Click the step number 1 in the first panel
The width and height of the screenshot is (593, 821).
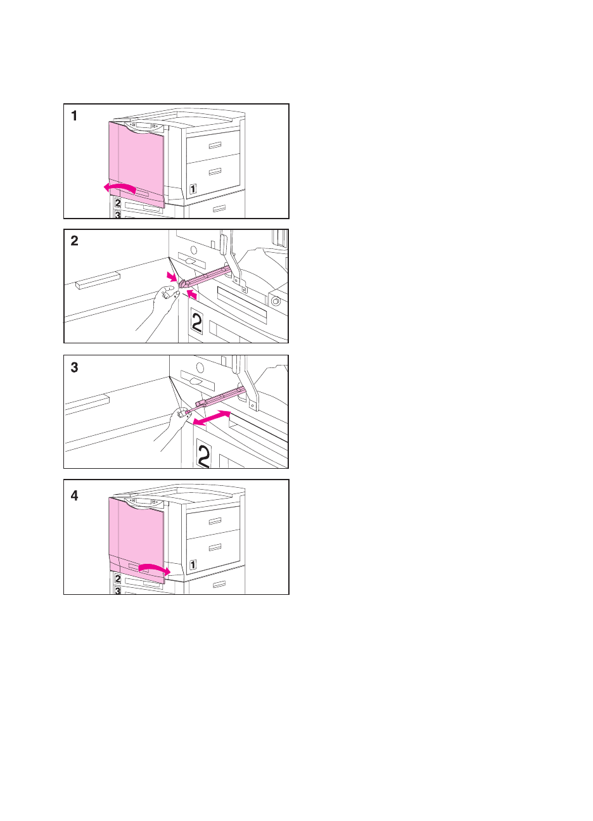coord(74,116)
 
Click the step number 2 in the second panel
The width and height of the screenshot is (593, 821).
coord(74,241)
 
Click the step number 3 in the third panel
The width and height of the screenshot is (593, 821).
coord(74,367)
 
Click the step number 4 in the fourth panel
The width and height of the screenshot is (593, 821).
coord(74,496)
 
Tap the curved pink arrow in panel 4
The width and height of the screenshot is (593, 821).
coord(155,568)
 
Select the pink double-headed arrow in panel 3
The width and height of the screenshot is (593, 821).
coord(212,418)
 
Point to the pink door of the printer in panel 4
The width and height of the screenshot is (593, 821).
coord(136,538)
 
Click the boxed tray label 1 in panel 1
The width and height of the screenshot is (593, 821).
coord(193,189)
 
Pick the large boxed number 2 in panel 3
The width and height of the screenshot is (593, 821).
coord(204,454)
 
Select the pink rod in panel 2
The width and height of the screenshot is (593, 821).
coord(205,277)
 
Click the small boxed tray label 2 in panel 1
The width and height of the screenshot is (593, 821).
coord(118,203)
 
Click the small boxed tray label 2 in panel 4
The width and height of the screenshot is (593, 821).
coord(118,579)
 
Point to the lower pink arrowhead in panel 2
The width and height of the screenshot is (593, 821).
coord(192,295)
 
